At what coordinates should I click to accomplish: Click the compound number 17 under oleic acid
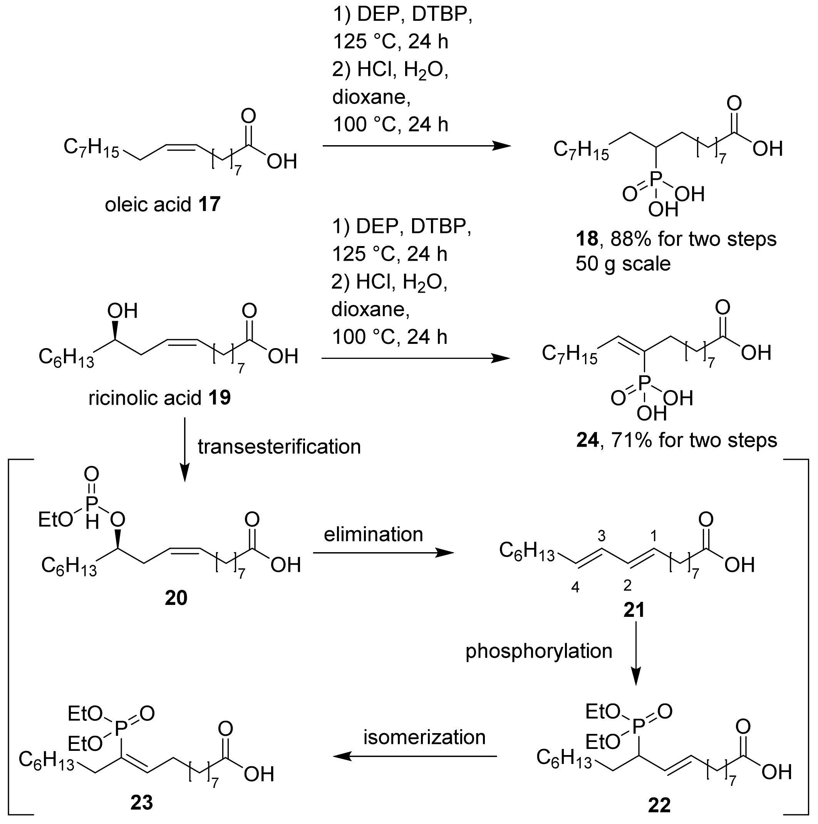pyautogui.click(x=209, y=205)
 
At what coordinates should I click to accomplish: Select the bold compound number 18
pyautogui.click(x=587, y=239)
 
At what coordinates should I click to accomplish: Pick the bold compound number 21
pyautogui.click(x=634, y=610)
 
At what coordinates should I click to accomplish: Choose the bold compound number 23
pyautogui.click(x=141, y=803)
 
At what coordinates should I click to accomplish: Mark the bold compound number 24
pyautogui.click(x=587, y=440)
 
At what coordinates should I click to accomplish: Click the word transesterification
pyautogui.click(x=279, y=447)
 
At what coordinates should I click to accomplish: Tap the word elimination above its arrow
pyautogui.click(x=373, y=534)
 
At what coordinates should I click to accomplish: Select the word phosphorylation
pyautogui.click(x=539, y=651)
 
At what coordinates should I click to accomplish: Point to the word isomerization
pyautogui.click(x=424, y=737)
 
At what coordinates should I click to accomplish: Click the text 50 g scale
pyautogui.click(x=623, y=264)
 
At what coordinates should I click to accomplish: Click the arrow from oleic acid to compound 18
pyautogui.click(x=416, y=146)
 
